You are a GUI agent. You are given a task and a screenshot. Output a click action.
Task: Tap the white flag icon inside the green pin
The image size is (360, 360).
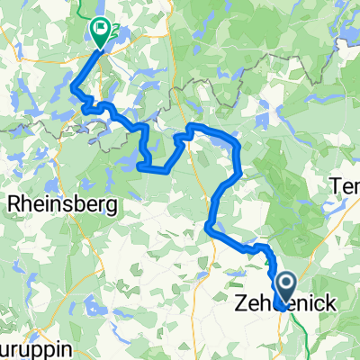pos(98,29)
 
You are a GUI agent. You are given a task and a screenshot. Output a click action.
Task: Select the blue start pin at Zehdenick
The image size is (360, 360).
pos(284,290)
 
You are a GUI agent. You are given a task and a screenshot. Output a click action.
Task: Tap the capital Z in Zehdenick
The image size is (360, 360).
pos(238,304)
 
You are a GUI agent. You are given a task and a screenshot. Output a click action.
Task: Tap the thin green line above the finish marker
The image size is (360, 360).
pos(96,7)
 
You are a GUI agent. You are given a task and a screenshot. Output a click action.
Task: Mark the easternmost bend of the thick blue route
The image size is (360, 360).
pos(239,153)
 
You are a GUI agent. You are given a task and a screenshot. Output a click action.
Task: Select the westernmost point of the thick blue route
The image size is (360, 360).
pos(72,89)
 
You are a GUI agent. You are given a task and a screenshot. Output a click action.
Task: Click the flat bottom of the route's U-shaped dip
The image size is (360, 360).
pos(153,167)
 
